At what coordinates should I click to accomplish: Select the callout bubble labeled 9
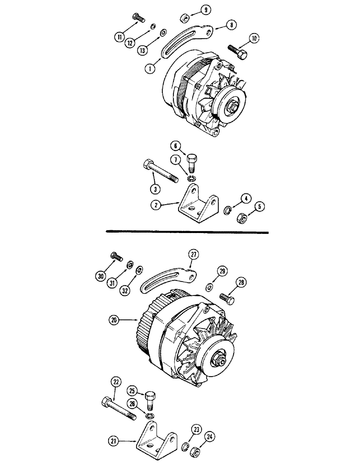[205, 9]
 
